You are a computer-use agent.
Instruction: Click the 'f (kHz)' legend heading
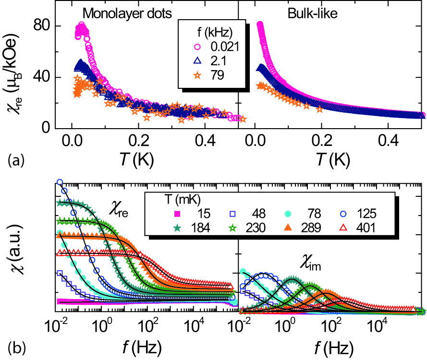click(x=207, y=33)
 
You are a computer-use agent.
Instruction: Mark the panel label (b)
click(x=13, y=345)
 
